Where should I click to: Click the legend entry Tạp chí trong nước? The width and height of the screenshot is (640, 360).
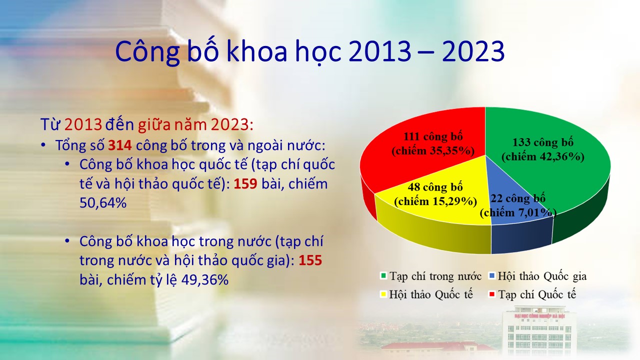click(x=431, y=276)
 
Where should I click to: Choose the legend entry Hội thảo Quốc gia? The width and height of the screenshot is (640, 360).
click(x=537, y=276)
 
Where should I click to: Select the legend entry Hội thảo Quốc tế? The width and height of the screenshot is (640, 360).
click(x=426, y=294)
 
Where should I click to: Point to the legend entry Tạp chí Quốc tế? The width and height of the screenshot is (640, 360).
click(x=532, y=294)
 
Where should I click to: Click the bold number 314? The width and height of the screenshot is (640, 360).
click(x=119, y=145)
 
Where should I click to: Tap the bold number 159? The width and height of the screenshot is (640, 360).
click(x=245, y=183)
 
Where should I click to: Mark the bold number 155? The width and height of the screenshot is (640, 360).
click(x=310, y=260)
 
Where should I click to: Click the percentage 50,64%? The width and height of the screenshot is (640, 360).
click(x=103, y=203)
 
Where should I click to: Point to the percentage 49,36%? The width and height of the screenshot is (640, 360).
click(x=205, y=279)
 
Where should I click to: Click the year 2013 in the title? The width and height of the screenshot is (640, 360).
click(x=379, y=51)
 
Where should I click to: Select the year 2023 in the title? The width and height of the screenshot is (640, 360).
click(x=473, y=51)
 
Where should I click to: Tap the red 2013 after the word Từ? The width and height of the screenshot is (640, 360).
click(x=83, y=124)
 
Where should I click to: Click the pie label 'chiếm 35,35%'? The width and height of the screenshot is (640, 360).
click(x=433, y=151)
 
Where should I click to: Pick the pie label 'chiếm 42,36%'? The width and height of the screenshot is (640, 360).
click(x=543, y=156)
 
